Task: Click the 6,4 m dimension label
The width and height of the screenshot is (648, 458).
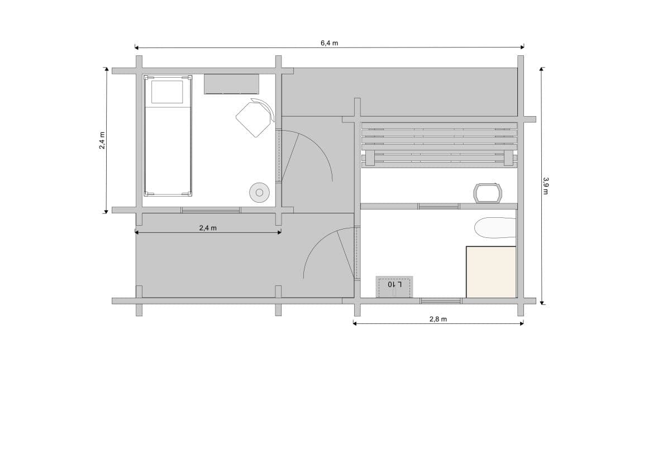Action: tap(330, 43)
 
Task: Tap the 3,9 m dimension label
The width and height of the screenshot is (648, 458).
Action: tap(546, 185)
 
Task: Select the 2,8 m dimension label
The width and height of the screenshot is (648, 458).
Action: tap(438, 319)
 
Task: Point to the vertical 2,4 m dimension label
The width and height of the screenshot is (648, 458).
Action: tap(102, 140)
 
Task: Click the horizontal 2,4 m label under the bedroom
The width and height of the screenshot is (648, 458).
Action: tap(208, 228)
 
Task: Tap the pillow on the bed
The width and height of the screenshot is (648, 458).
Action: tap(167, 92)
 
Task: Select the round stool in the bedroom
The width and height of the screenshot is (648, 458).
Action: tap(260, 193)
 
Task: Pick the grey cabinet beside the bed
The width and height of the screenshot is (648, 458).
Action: tap(231, 84)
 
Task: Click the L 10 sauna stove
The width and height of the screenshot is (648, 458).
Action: tap(394, 287)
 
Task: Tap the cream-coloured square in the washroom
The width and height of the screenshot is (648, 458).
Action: tap(491, 272)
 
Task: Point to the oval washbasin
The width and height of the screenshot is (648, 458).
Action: tap(495, 228)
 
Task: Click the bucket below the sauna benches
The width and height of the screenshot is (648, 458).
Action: tap(488, 193)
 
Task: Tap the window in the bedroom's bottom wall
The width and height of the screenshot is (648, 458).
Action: tap(211, 210)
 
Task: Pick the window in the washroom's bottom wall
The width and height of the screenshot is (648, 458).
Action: tap(441, 301)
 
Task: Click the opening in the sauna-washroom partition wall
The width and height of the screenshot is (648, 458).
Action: tap(439, 206)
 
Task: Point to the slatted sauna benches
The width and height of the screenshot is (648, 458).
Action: tap(439, 145)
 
